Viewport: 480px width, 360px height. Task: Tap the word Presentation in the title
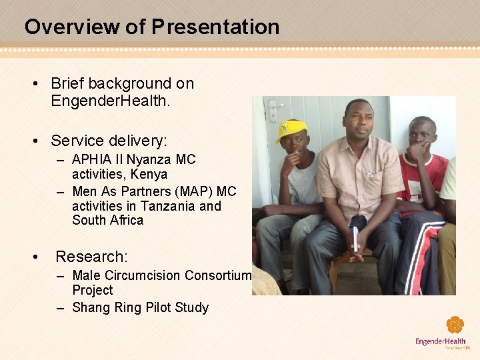tap(215, 27)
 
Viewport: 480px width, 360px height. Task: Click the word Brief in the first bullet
tap(67, 84)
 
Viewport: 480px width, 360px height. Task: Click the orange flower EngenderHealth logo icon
tap(455, 325)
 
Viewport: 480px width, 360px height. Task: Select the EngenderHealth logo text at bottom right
tap(441, 342)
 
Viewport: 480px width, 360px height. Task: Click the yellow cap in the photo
tap(292, 129)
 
